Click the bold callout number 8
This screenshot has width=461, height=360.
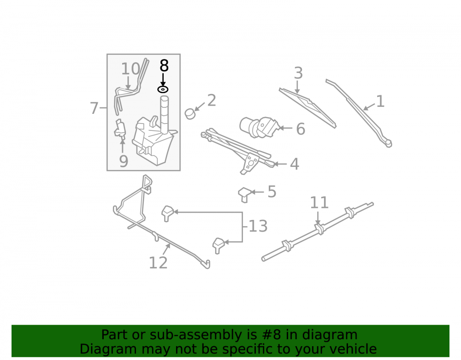pyautogui.click(x=164, y=66)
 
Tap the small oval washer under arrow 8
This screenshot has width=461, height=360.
pyautogui.click(x=163, y=89)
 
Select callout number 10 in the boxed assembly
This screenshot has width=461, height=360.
pyautogui.click(x=131, y=69)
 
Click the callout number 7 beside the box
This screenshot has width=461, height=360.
pyautogui.click(x=94, y=108)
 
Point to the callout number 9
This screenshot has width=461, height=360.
pyautogui.click(x=124, y=161)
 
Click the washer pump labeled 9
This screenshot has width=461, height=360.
pyautogui.click(x=120, y=129)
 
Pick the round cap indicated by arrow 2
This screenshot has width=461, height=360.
pyautogui.click(x=190, y=113)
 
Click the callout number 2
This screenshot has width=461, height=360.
pyautogui.click(x=212, y=101)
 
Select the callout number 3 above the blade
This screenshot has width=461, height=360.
pyautogui.click(x=298, y=73)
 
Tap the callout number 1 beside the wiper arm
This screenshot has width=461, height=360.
pyautogui.click(x=380, y=101)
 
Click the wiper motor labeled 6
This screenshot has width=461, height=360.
pyautogui.click(x=259, y=127)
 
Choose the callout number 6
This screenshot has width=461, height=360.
pyautogui.click(x=301, y=129)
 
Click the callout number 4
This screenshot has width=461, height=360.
pyautogui.click(x=295, y=164)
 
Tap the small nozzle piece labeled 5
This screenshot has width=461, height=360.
pyautogui.click(x=244, y=195)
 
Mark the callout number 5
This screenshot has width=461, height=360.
pyautogui.click(x=272, y=192)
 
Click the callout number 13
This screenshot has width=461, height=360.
pyautogui.click(x=258, y=226)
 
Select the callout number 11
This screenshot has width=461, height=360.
pyautogui.click(x=319, y=203)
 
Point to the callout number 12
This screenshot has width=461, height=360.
pyautogui.click(x=158, y=263)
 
